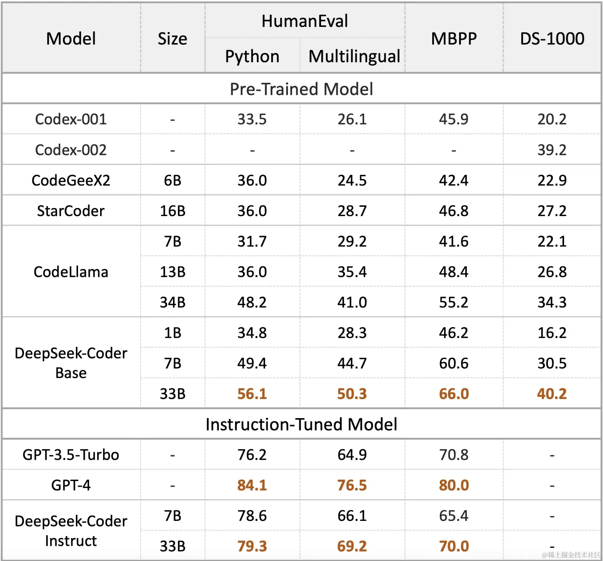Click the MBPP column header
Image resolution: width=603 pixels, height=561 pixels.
[454, 39]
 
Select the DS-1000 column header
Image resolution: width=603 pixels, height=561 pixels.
[552, 39]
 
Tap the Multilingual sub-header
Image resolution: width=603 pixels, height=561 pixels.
[354, 56]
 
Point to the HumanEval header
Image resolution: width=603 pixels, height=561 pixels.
[304, 21]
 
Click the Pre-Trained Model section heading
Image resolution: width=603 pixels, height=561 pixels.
[301, 89]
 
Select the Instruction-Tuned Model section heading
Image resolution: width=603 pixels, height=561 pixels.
[301, 424]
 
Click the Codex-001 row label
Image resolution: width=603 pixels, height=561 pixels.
[71, 119]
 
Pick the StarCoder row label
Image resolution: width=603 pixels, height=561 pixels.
[71, 211]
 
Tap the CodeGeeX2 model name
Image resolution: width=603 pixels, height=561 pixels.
[71, 180]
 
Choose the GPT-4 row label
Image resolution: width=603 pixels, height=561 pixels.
[71, 485]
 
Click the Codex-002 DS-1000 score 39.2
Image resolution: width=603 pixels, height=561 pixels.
[552, 150]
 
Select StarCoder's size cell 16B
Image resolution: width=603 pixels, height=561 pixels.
[172, 211]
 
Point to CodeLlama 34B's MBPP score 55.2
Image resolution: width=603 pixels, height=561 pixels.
[454, 302]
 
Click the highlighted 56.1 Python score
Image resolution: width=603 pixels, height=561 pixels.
[252, 394]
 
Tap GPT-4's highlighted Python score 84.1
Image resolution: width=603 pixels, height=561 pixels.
[252, 485]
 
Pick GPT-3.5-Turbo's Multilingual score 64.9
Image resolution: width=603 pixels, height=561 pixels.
[352, 455]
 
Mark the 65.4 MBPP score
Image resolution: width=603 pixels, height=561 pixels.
[454, 516]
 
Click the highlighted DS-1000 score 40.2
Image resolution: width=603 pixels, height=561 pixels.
[552, 394]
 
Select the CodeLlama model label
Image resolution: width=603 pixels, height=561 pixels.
[71, 272]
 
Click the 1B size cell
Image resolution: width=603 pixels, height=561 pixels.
[172, 333]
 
